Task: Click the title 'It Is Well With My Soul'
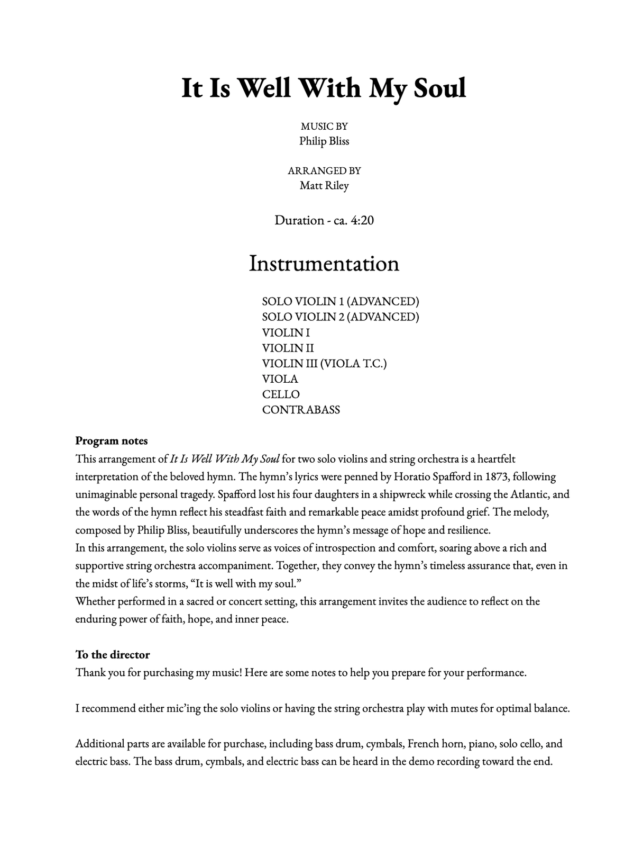324,88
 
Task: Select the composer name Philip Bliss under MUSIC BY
324,141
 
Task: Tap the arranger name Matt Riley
324,185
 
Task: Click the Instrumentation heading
324,264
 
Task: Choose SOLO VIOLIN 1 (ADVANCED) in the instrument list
341,301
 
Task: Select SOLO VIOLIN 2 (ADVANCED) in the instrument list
341,317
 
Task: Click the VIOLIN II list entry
288,348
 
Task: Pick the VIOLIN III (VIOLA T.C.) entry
324,363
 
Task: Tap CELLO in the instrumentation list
281,394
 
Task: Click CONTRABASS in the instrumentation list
301,410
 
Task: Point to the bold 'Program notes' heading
112,440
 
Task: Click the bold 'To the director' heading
113,654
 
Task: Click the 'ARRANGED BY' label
324,170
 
